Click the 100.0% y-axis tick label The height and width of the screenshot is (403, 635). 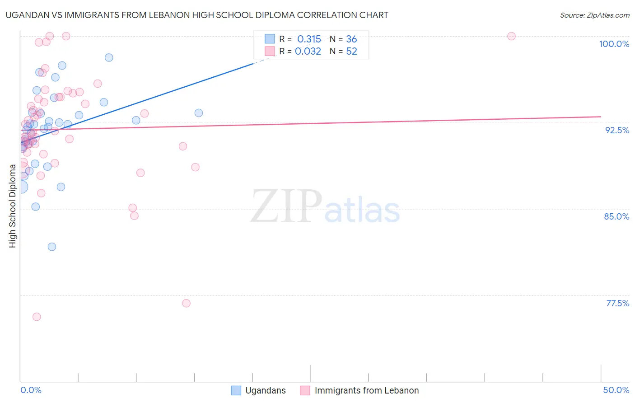coord(614,44)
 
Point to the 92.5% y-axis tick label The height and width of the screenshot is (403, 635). coord(617,130)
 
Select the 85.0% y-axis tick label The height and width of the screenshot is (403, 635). coord(616,216)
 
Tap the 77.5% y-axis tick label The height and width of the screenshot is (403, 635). coord(617,303)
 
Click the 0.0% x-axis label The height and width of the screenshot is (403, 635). coord(31,390)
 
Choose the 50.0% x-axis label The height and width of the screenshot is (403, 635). coord(616,390)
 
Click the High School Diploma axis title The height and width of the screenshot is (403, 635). coord(13,206)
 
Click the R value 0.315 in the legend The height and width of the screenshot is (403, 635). coord(309,39)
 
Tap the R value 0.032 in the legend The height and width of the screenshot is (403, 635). coord(308,52)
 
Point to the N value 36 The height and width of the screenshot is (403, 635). coord(351,39)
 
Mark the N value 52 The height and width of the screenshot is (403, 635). coord(351,52)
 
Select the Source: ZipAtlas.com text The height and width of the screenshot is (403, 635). coord(594,15)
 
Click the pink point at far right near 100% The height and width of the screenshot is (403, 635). coord(511,36)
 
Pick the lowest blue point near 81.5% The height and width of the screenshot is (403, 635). coord(52,247)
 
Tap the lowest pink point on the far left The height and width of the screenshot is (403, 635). coord(37,317)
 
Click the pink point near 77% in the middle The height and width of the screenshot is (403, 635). coord(186,303)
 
